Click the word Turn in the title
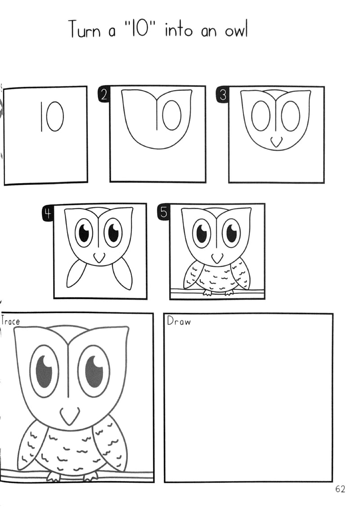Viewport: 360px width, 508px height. tap(84, 30)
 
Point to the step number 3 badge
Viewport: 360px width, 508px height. tap(223, 95)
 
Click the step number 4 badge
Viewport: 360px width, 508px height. tap(48, 214)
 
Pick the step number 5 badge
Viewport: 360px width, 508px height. tap(164, 213)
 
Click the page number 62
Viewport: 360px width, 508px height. tap(340, 489)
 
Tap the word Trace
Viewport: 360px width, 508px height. tap(10, 321)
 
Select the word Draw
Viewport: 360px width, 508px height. tap(179, 321)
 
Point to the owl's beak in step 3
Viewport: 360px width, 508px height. tap(276, 142)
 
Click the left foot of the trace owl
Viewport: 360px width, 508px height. tap(53, 476)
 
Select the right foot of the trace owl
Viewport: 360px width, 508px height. tap(92, 476)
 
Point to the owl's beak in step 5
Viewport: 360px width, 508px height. tap(217, 259)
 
